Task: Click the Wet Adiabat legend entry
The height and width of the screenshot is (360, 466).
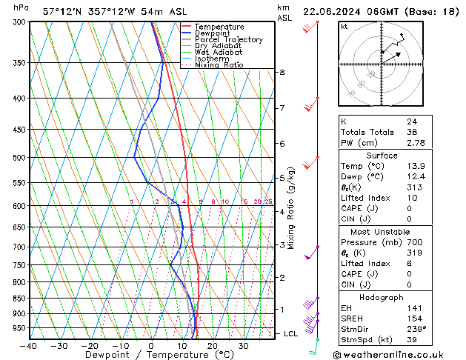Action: tap(218, 52)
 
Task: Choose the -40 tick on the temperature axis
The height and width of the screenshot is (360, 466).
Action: tap(28, 346)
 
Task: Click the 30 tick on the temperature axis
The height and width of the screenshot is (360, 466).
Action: tap(242, 346)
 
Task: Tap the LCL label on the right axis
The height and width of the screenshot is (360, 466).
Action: tap(290, 334)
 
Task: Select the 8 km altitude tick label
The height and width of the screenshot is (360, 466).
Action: tap(282, 72)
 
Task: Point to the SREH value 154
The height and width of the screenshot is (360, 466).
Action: tap(414, 317)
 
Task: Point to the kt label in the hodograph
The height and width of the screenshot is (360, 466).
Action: tap(344, 26)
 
